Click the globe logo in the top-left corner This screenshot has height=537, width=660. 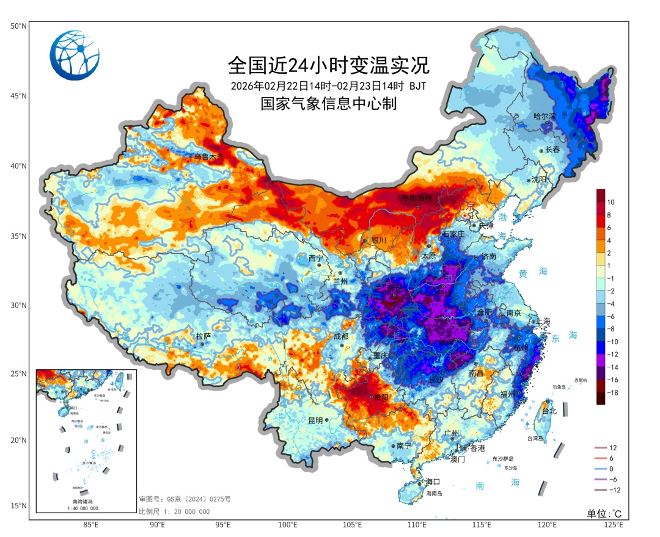(75, 56)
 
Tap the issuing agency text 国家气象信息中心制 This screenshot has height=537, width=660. (329, 104)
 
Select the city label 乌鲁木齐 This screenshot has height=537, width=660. (209, 157)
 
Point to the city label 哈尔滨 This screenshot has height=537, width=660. (544, 116)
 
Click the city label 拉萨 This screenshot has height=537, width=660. (203, 336)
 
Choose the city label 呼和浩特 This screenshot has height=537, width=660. (416, 198)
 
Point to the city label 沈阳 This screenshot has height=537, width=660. (539, 179)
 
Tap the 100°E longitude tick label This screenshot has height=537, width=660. (288, 525)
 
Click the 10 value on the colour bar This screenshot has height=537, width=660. (610, 201)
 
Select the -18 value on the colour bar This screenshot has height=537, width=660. (612, 393)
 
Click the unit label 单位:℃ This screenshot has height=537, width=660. (604, 513)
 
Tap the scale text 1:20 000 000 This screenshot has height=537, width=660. (174, 511)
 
